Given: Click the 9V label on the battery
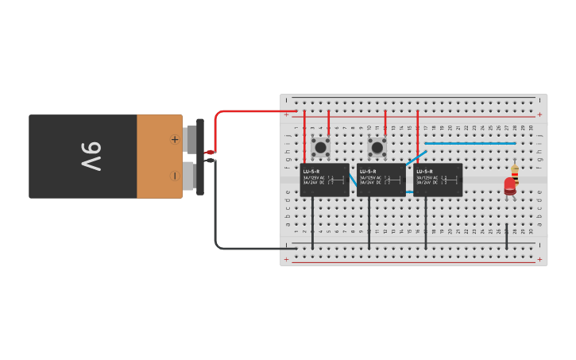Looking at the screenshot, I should point(91,157).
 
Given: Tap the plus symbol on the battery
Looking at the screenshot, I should point(174,139).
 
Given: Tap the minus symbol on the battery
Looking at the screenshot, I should point(174,175).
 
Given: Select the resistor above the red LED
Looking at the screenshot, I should point(515,172).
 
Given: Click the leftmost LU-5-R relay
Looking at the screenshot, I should point(324,180).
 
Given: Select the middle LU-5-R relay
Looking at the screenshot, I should point(381,180).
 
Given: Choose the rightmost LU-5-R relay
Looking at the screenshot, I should point(437,180).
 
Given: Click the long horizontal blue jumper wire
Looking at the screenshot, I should point(470,143).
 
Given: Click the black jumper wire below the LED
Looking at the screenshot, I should point(507,236).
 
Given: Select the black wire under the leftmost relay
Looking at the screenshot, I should point(312,223).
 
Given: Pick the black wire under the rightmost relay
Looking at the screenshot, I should point(426,223).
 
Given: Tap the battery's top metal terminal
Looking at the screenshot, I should point(190,139).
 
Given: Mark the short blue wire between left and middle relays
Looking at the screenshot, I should point(353,180).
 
